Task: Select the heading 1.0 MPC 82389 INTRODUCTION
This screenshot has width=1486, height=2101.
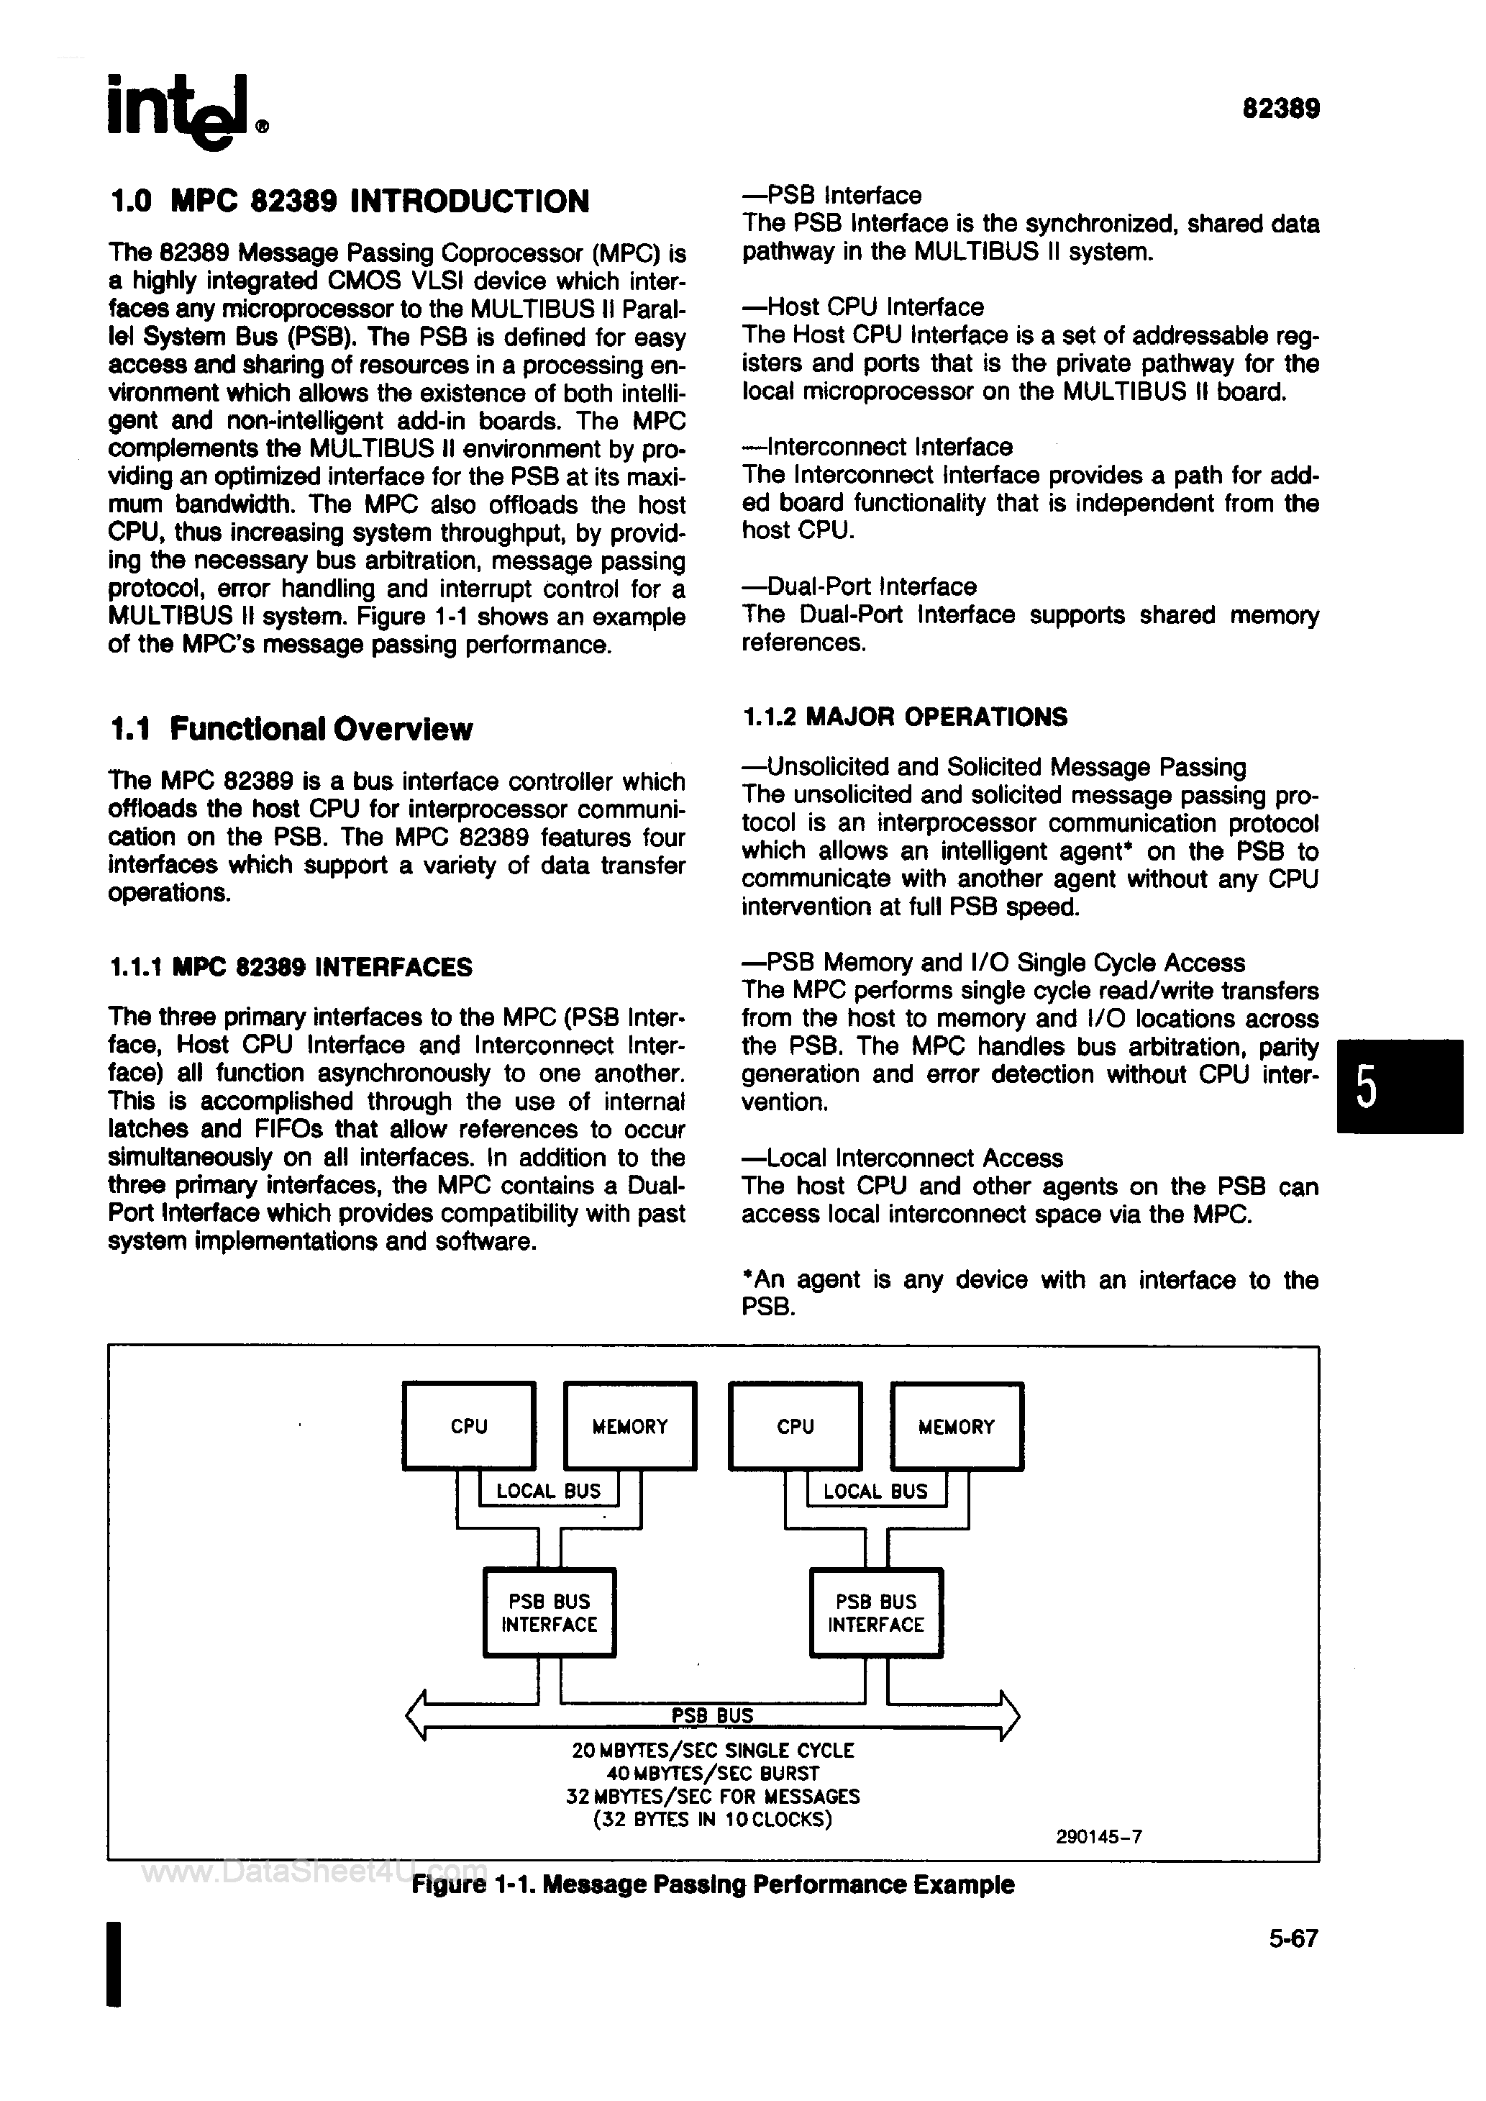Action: (349, 201)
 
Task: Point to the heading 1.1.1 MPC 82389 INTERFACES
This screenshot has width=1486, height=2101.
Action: (290, 967)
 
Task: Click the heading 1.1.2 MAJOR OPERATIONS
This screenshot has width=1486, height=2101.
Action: (904, 717)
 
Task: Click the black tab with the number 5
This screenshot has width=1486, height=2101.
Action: (1398, 1086)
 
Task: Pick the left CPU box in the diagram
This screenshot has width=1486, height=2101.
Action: (468, 1425)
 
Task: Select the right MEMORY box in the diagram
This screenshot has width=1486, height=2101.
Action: (956, 1425)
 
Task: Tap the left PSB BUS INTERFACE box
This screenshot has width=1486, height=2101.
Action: (549, 1612)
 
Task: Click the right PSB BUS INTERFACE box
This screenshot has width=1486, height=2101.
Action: (875, 1612)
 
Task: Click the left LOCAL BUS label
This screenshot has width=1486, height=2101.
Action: (548, 1491)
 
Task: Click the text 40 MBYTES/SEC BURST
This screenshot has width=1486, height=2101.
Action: (713, 1772)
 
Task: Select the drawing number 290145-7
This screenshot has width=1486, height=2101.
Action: (1098, 1836)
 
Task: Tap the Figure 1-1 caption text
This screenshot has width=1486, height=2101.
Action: (713, 1885)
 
